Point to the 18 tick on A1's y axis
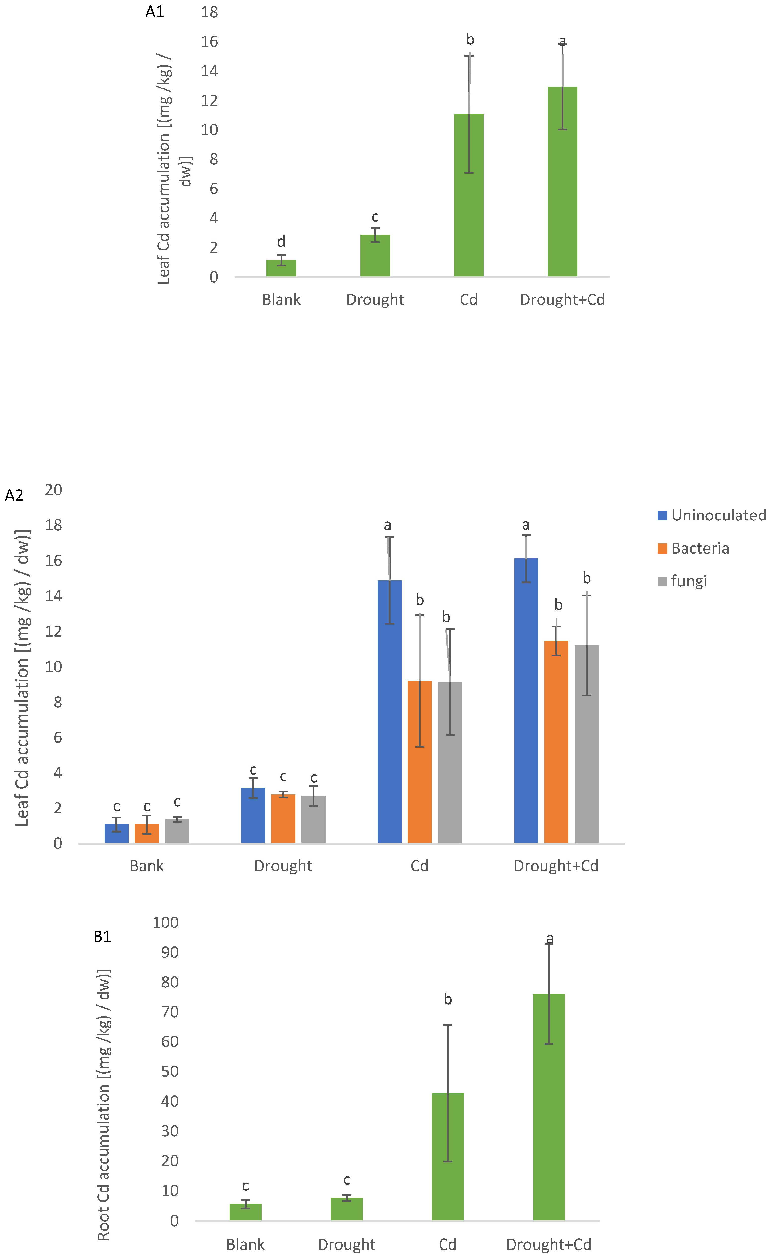coord(209,12)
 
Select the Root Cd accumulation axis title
coord(104,1104)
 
